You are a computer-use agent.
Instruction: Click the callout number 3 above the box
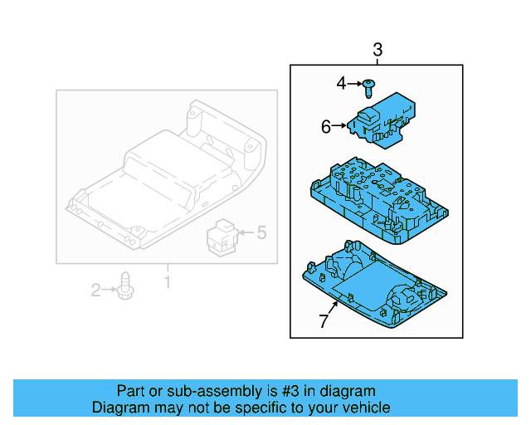click(378, 49)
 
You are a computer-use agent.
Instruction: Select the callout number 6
click(326, 126)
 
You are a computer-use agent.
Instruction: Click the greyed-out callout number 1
click(166, 283)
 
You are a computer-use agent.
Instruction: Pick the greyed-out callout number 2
click(96, 290)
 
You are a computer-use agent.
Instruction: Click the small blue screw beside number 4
click(369, 85)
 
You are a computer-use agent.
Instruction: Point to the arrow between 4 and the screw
click(355, 84)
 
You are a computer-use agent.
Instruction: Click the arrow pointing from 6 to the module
click(339, 126)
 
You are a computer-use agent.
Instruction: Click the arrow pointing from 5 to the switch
click(245, 234)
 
